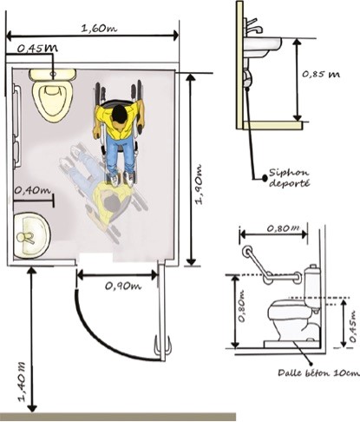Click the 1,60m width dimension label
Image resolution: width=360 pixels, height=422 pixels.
[x=99, y=29]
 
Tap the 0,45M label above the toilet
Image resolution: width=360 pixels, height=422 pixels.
[x=37, y=48]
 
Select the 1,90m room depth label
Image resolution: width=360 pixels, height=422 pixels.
[x=199, y=185]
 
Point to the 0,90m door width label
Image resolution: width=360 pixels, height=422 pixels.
[x=123, y=286]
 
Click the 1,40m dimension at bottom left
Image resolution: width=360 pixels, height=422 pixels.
[x=23, y=382]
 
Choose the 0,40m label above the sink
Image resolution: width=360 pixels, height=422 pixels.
[x=32, y=190]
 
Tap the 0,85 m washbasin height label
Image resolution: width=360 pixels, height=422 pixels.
[x=321, y=75]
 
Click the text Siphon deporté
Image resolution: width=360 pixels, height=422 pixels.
[x=289, y=178]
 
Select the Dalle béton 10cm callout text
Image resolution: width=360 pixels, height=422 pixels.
[x=318, y=373]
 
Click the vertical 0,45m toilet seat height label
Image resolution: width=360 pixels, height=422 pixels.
[x=352, y=326]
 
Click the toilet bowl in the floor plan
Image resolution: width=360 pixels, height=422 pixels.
[x=52, y=99]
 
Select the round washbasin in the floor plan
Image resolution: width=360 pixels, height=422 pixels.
[x=32, y=235]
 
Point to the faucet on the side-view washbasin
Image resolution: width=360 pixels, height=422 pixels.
[x=253, y=26]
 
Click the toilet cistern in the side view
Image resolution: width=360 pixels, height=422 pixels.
[x=312, y=287]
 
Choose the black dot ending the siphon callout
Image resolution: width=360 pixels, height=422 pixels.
[x=265, y=177]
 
